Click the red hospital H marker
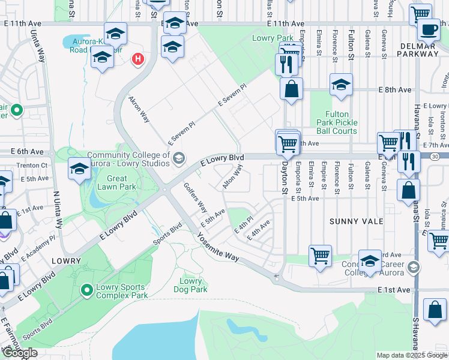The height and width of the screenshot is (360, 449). coord(139,59)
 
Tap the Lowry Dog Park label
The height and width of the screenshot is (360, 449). coord(191,285)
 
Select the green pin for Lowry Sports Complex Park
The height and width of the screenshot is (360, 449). coord(87,291)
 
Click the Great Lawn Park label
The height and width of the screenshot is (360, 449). coord(117,182)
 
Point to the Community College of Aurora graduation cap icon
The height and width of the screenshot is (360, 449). coord(178,158)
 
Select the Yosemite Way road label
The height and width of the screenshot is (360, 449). coord(216,247)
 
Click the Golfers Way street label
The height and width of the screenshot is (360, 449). coord(195,198)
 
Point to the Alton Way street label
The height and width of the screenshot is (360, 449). coord(232,177)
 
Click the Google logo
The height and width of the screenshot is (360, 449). coord(20,353)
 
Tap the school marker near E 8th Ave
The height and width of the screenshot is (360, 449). coord(341,86)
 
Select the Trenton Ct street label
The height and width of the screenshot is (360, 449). coord(32,165)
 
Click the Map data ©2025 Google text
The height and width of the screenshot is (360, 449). coord(411,355)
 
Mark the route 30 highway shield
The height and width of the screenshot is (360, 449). coord(435,156)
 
